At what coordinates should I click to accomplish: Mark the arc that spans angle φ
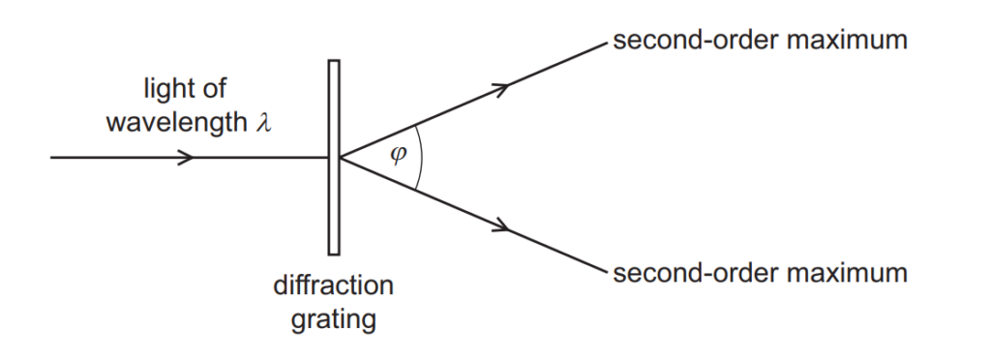[423, 157]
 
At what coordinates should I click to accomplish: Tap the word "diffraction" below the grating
[333, 287]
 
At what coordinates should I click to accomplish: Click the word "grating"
[333, 318]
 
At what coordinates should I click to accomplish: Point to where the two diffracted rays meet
[340, 157]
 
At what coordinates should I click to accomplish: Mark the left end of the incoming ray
[50, 157]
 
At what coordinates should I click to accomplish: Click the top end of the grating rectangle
[333, 62]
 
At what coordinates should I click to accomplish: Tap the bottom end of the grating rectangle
[333, 253]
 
